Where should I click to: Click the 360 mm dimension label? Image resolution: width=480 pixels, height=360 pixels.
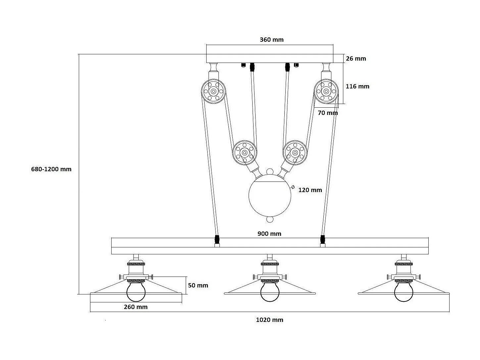point(271,40)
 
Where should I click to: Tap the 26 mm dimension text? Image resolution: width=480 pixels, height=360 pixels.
point(356,59)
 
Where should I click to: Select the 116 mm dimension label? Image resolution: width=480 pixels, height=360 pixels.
point(357,86)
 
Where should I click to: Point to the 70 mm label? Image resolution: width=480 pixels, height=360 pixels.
point(328,113)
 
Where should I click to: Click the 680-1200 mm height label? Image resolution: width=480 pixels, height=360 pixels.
point(51,169)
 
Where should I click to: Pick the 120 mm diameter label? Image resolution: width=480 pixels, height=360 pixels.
point(310,190)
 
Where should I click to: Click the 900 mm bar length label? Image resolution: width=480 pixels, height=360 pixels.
point(269,234)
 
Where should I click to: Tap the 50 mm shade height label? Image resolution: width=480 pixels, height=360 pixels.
point(198,285)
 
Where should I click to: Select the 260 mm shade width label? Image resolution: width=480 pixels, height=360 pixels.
point(136,307)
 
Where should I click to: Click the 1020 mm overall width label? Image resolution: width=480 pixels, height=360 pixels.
point(269,320)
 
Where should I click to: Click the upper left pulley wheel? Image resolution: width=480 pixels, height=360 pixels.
point(214,91)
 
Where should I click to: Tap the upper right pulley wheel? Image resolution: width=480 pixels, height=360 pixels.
point(326,91)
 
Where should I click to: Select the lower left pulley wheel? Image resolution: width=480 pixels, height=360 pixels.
point(245,153)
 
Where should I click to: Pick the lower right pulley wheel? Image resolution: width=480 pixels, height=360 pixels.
point(295,153)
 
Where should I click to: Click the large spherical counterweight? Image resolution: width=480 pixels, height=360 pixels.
point(270,195)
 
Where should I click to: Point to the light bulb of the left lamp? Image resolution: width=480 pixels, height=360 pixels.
point(136,292)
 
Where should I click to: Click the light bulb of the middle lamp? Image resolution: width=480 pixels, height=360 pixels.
point(270,292)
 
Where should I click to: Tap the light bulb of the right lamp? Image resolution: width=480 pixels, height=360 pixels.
point(404,292)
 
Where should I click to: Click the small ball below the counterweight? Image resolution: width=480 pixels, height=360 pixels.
point(270,220)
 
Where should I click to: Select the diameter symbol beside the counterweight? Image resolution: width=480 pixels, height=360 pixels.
point(293,187)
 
